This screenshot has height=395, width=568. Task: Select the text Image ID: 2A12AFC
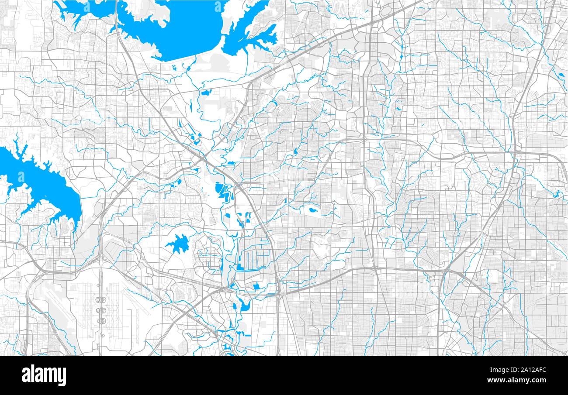tap(520, 369)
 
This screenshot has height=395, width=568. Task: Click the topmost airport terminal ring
tap(101, 300)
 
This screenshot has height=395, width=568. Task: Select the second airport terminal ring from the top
tap(101, 310)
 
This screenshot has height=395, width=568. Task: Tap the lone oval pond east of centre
tap(313, 210)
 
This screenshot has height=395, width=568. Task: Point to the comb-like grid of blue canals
tap(253, 258)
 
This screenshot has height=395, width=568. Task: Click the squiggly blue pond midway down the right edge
tap(557, 194)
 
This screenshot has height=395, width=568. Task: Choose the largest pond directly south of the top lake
tap(205, 92)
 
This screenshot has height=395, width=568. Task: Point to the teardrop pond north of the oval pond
tap(296, 151)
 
